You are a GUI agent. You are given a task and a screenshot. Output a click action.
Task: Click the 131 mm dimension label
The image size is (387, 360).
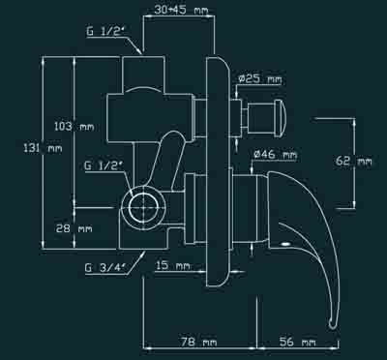[44, 149]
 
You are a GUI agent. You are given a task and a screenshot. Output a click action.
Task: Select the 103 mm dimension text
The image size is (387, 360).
[74, 126]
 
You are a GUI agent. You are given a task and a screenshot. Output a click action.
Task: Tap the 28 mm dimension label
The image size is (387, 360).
[74, 228]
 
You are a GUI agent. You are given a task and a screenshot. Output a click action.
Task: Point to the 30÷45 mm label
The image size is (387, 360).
[181, 10]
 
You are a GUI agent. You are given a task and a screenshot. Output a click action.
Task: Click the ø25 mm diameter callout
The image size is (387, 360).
[260, 79]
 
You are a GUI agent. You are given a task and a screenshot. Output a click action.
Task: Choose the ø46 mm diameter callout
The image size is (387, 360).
[275, 155]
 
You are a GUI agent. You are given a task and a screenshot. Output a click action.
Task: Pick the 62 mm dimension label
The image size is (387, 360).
[354, 161]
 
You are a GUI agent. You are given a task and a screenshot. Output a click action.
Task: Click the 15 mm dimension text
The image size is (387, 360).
[173, 266]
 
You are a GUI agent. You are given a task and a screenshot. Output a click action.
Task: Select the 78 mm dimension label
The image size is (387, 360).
[198, 342]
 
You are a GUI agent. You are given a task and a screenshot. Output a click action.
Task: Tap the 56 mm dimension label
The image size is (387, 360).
[297, 342]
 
